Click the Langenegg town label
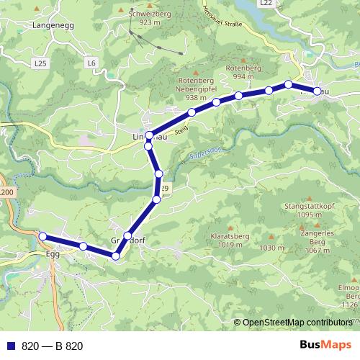pyautogui.click(x=53, y=25)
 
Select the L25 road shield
pyautogui.click(x=40, y=63)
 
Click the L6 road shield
pyautogui.click(x=91, y=63)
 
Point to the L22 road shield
pyautogui.click(x=266, y=4)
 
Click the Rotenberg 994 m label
pyautogui.click(x=243, y=72)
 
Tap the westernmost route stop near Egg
pyautogui.click(x=42, y=236)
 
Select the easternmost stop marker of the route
pyautogui.click(x=317, y=91)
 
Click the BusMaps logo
pyautogui.click(x=325, y=346)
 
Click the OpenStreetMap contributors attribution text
pyautogui.click(x=298, y=323)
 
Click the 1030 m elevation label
pyautogui.click(x=272, y=248)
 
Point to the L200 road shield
pyautogui.click(x=6, y=193)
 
